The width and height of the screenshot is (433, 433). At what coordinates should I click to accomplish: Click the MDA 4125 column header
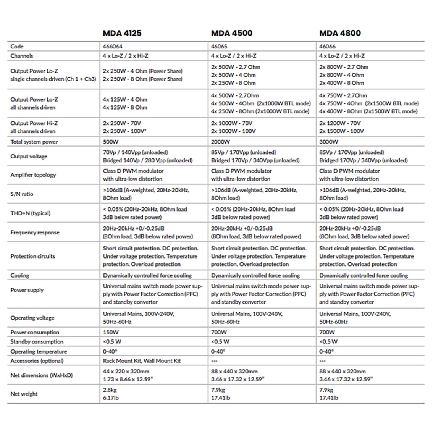(x=122, y=33)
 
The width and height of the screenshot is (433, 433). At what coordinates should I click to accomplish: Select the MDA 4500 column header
(x=231, y=33)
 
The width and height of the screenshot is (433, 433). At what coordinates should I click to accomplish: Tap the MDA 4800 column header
(x=340, y=33)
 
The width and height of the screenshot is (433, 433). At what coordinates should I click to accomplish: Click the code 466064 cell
(x=113, y=47)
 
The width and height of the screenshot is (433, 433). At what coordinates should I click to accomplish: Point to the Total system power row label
(x=34, y=142)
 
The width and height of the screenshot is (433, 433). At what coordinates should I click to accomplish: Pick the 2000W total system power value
(x=220, y=142)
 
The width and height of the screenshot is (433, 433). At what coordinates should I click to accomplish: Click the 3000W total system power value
(x=329, y=142)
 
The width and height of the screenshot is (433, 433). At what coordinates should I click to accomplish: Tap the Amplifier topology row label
(x=33, y=175)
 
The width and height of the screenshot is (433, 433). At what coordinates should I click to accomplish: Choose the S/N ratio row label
(x=22, y=194)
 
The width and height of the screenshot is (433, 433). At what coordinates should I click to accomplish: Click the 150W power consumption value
(x=111, y=333)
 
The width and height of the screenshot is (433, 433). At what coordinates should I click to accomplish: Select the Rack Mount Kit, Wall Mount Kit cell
(x=142, y=361)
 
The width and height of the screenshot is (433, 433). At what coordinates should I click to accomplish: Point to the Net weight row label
(x=24, y=394)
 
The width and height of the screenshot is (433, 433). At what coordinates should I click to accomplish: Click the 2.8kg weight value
(x=110, y=390)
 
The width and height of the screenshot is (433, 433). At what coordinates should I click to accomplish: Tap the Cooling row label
(x=20, y=276)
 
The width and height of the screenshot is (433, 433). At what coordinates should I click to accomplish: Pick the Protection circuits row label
(x=32, y=256)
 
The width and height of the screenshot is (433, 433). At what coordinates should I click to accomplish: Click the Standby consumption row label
(x=37, y=342)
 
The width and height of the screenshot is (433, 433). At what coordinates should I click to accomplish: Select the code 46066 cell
(x=327, y=47)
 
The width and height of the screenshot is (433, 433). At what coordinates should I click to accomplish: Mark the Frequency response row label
(x=35, y=233)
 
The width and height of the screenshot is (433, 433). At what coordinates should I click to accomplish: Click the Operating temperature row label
(x=39, y=352)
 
